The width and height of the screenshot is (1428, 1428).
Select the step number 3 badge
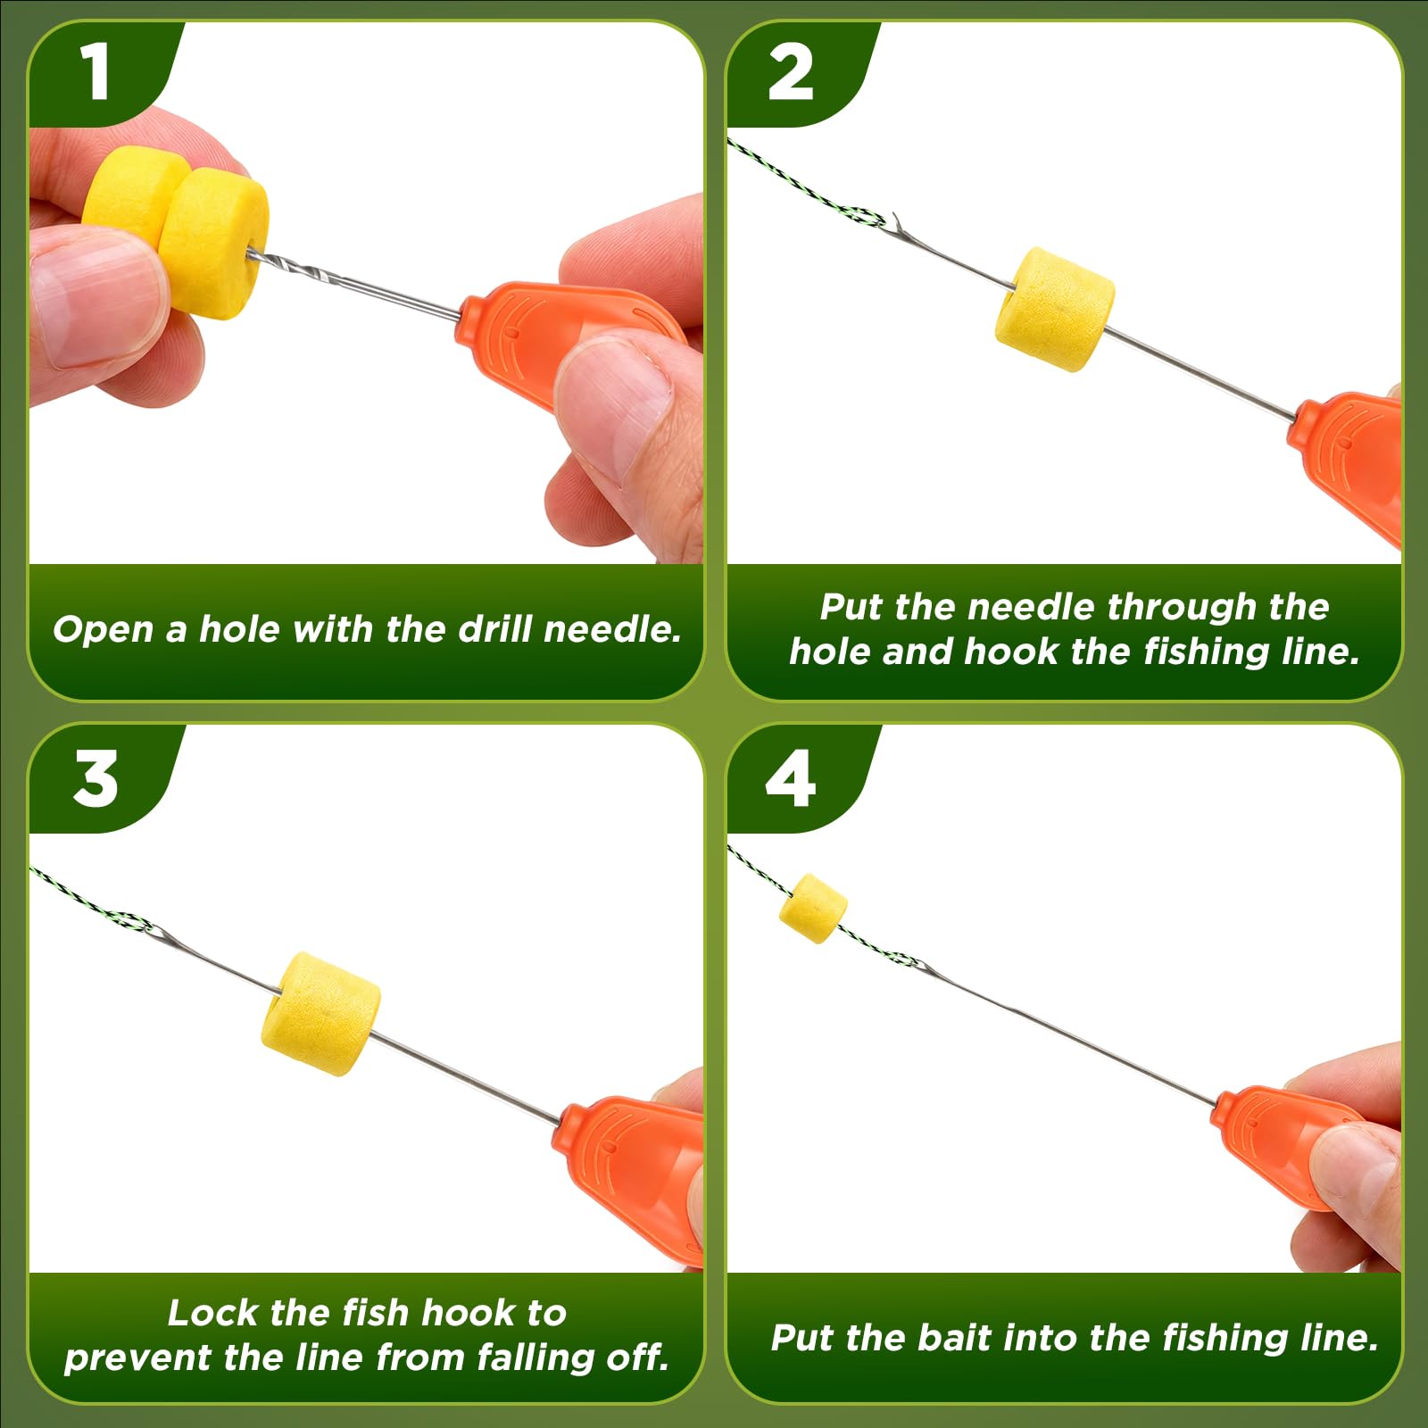pos(95,778)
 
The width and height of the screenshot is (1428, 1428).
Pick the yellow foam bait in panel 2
pos(1055,309)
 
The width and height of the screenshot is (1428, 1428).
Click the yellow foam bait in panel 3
pos(320,1014)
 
